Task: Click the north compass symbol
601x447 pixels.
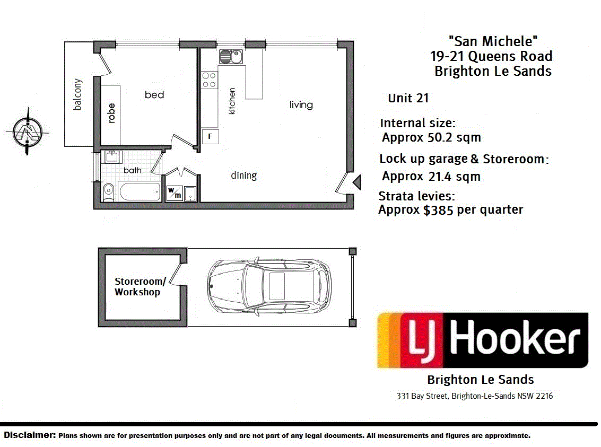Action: click(x=28, y=130)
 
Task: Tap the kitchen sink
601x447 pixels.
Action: click(x=231, y=56)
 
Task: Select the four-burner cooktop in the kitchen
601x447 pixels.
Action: click(x=209, y=80)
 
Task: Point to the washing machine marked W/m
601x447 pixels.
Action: click(x=174, y=193)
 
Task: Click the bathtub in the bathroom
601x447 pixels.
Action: click(x=140, y=192)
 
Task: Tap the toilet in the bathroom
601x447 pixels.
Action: click(x=108, y=191)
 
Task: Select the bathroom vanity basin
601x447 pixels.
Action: click(x=112, y=157)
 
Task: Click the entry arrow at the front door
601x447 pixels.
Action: click(x=357, y=183)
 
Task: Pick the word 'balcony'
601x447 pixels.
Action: click(x=78, y=94)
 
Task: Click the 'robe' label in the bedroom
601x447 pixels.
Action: click(x=111, y=113)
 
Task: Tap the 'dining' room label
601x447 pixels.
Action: click(x=243, y=175)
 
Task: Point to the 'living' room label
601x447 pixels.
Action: click(x=301, y=104)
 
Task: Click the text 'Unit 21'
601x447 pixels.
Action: click(x=408, y=98)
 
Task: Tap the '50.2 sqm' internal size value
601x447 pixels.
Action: click(x=454, y=138)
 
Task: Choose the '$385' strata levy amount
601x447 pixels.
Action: click(x=438, y=210)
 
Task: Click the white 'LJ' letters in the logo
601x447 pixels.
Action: click(x=423, y=341)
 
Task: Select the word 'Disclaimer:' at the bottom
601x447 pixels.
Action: click(x=30, y=435)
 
